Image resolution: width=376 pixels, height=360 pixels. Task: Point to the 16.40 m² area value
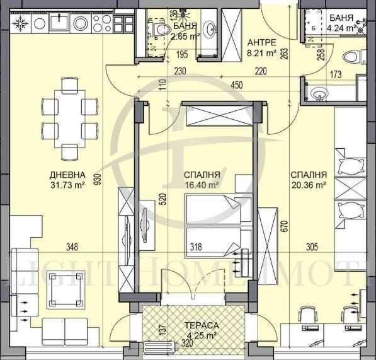click(x=201, y=185)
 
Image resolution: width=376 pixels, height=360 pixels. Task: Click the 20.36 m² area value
click(x=308, y=185)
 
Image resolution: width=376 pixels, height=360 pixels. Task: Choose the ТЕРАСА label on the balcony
click(x=201, y=324)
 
